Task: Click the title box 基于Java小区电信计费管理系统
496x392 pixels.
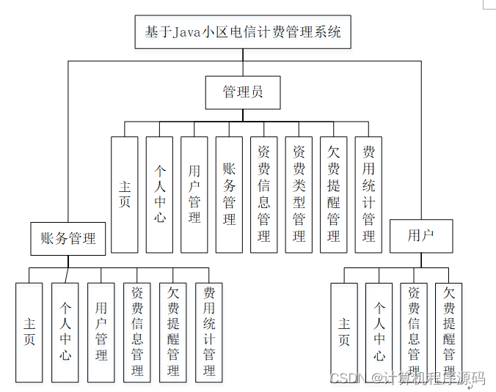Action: (x=242, y=32)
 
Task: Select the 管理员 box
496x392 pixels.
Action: (x=242, y=92)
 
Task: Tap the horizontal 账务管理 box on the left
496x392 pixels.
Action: (x=68, y=238)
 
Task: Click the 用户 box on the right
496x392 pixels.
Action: (x=421, y=236)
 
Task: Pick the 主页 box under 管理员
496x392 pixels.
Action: (x=124, y=194)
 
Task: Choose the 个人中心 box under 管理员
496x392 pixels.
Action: (x=159, y=194)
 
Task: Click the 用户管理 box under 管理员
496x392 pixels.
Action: (x=194, y=194)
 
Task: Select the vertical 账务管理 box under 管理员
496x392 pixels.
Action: (x=229, y=194)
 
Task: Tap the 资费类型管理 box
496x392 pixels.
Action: (x=299, y=194)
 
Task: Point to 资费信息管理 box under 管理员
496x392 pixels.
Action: (x=264, y=194)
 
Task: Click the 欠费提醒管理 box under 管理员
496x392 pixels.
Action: (x=334, y=194)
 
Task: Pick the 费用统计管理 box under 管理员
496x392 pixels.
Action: (x=368, y=194)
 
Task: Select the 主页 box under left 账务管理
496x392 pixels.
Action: (x=29, y=332)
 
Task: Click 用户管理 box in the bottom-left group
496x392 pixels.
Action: (x=101, y=332)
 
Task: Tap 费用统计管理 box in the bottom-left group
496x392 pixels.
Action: (x=209, y=332)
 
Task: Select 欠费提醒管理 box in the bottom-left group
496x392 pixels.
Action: (x=173, y=332)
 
